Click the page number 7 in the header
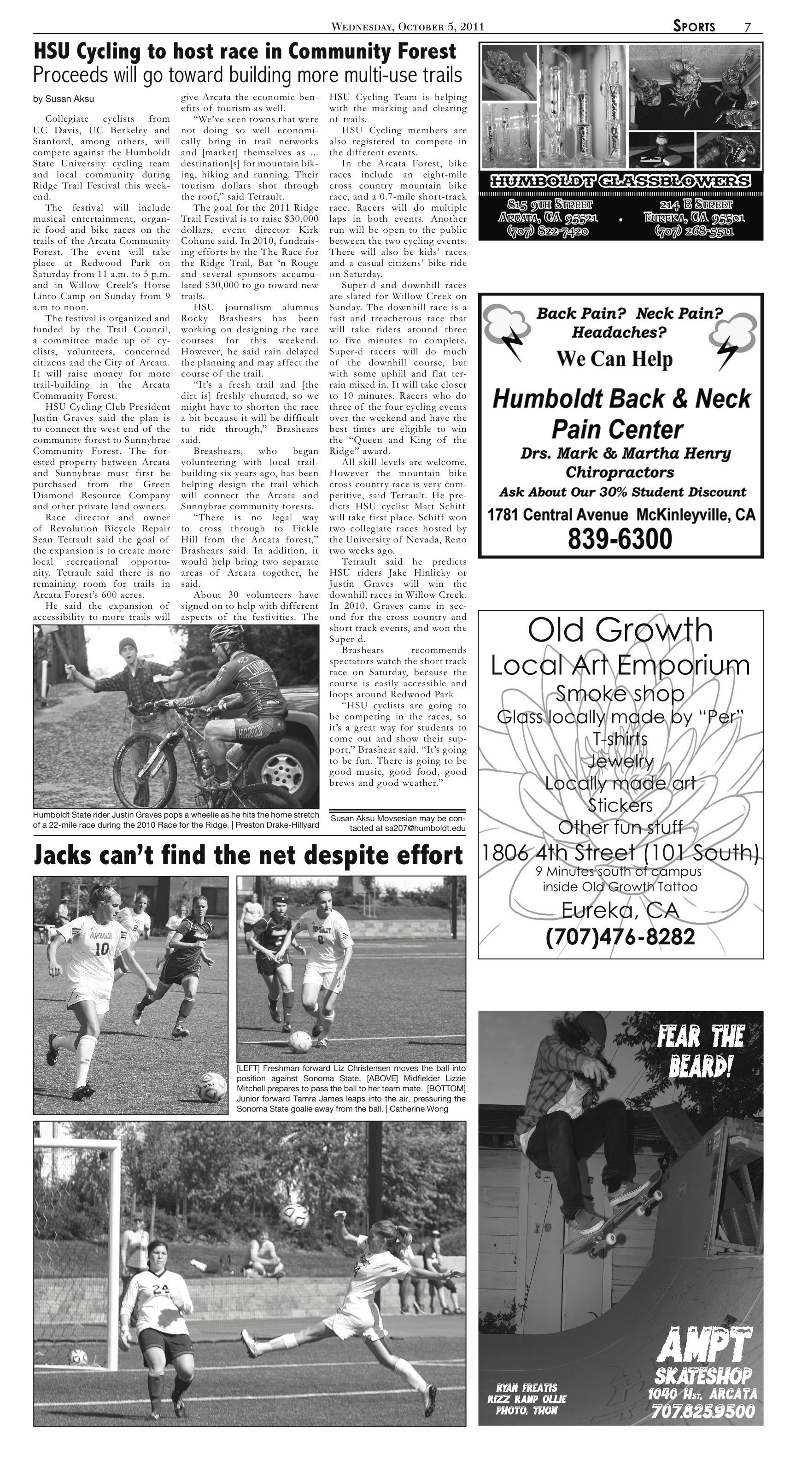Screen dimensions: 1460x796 [x=747, y=27]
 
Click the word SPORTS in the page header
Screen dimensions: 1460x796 [x=694, y=27]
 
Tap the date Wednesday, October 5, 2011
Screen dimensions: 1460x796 [x=407, y=27]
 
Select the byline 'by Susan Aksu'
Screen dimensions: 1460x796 [x=64, y=99]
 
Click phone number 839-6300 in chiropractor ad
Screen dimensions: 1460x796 [x=620, y=538]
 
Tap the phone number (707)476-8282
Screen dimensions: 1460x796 [x=620, y=937]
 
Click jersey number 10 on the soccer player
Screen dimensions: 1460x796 [x=101, y=949]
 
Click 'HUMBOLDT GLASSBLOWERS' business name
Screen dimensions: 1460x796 [x=620, y=182]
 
